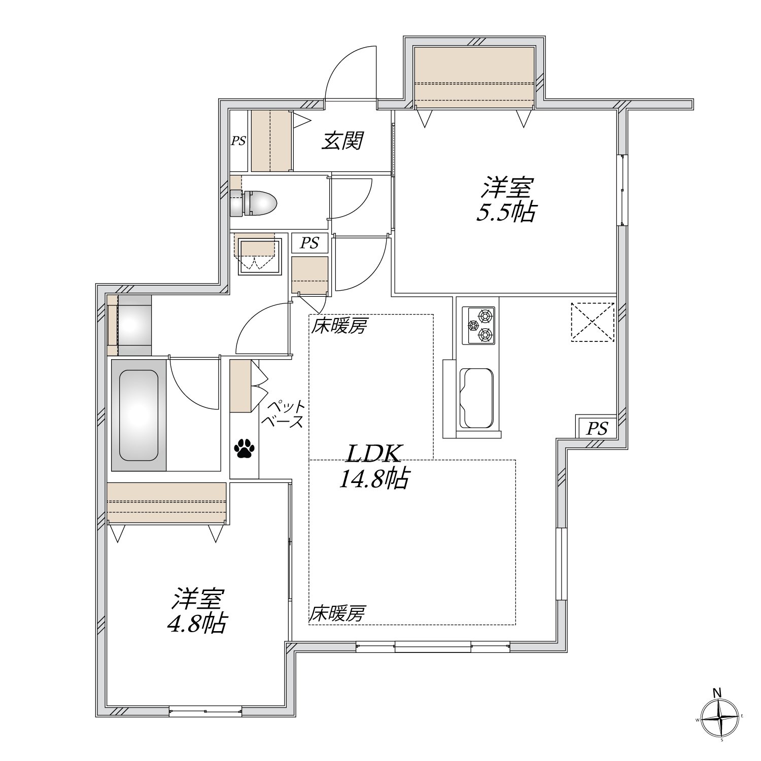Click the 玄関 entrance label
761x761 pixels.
pyautogui.click(x=343, y=141)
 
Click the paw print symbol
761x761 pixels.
pyautogui.click(x=245, y=447)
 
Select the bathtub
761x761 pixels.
pyautogui.click(x=139, y=415)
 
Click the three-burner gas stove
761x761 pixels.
pyautogui.click(x=478, y=326)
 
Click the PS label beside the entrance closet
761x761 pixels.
pyautogui.click(x=238, y=141)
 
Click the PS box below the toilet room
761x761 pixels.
pyautogui.click(x=310, y=243)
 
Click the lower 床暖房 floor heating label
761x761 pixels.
pyautogui.click(x=338, y=614)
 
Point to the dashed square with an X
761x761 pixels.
pyautogui.click(x=592, y=322)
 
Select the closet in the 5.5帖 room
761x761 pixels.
pyautogui.click(x=474, y=77)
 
